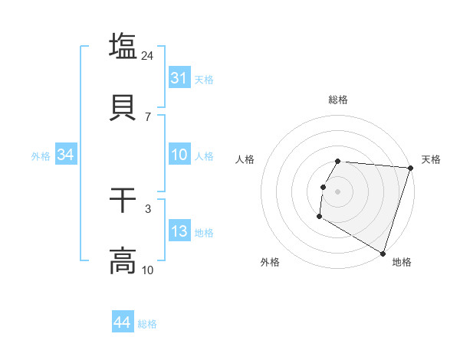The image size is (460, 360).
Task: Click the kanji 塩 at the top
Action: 123,45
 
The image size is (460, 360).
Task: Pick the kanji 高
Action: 123,260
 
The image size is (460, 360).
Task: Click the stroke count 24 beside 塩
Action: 148,56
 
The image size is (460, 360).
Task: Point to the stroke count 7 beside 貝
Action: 148,117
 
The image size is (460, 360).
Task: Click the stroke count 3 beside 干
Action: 148,209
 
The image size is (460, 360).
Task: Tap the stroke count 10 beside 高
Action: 148,270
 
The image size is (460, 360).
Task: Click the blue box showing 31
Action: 179,78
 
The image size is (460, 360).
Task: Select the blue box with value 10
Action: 179,155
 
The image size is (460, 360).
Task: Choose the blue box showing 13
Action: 179,231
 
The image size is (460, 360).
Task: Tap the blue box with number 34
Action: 65,155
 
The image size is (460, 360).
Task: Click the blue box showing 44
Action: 123,322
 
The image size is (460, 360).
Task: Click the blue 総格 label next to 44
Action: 147,324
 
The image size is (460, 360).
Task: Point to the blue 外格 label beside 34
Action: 41,156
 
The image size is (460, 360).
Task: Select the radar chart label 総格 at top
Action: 338,100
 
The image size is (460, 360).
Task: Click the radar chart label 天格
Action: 431,159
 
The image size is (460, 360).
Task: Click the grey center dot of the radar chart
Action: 338,190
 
